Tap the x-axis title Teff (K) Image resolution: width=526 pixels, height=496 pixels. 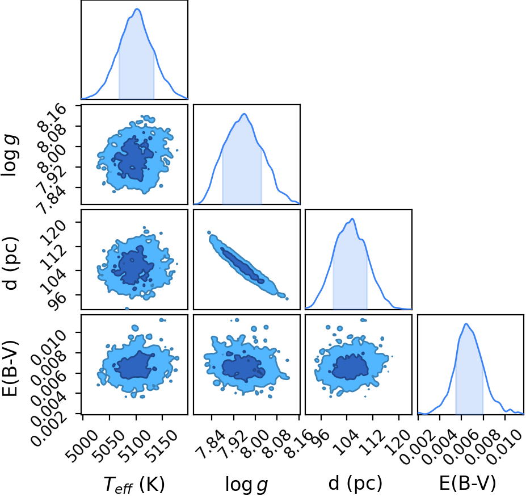click(134, 484)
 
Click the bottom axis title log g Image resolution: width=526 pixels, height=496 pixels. click(247, 485)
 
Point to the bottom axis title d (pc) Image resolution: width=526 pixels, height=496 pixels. click(355, 483)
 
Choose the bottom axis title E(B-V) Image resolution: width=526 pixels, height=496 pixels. click(468, 483)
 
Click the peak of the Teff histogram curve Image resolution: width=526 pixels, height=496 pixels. click(137, 9)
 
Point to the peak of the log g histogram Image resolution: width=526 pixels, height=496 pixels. click(244, 114)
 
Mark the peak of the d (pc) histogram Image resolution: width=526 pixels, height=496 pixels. click(352, 219)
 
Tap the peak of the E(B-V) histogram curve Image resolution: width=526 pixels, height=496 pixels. click(466, 324)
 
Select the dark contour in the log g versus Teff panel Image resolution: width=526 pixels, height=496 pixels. click(133, 158)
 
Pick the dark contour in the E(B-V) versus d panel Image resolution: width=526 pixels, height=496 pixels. click(351, 366)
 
